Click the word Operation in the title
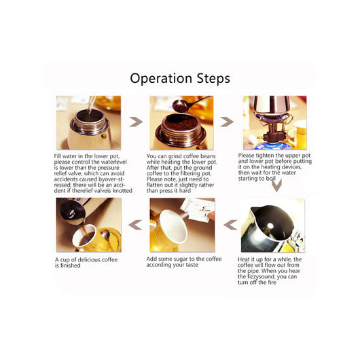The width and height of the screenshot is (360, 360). point(161,79)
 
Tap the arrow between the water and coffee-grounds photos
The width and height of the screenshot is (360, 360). point(136,122)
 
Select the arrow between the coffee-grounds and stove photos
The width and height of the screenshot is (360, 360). point(227,122)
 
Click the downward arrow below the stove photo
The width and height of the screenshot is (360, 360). point(276,185)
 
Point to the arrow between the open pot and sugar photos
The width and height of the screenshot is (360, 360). point(230,225)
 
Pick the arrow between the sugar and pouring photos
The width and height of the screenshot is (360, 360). point(135,225)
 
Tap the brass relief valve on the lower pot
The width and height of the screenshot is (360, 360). point(104,137)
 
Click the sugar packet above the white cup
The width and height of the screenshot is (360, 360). point(198,210)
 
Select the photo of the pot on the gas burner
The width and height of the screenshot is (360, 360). point(275,122)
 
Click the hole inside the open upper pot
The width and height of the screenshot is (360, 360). point(270,226)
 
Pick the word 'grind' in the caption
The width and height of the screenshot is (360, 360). point(175,156)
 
